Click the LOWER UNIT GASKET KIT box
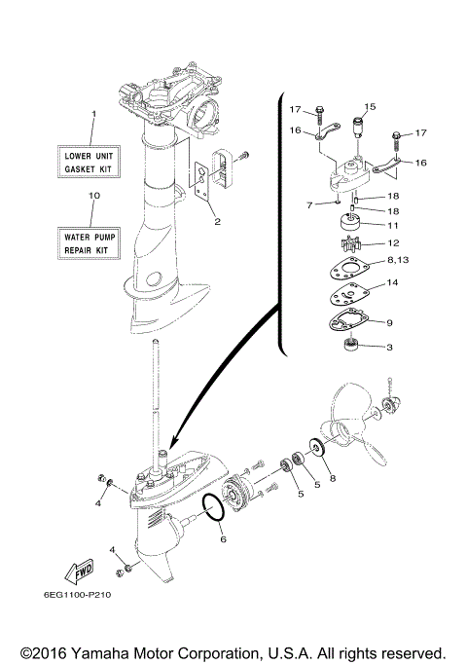coord(91,162)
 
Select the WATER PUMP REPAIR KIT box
coord(91,241)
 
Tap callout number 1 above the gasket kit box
coord(92,115)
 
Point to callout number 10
coord(92,196)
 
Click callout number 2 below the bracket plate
coord(217,221)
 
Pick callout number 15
coord(370,106)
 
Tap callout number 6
coord(222,538)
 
